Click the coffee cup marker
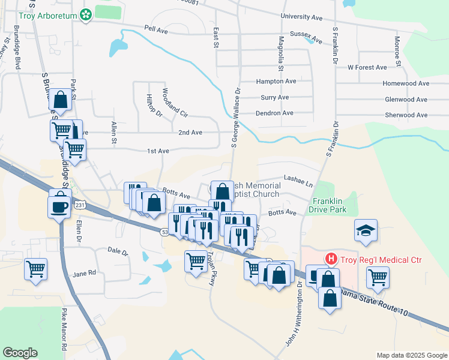tap(59, 206)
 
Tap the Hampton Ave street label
tap(276, 81)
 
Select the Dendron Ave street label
tap(274, 113)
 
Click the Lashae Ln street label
tap(298, 179)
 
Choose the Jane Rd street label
tap(84, 272)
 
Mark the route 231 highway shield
tap(80, 205)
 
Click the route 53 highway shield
tap(164, 232)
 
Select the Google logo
tap(20, 353)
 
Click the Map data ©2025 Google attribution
tap(411, 355)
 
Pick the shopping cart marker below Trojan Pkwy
tap(196, 261)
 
